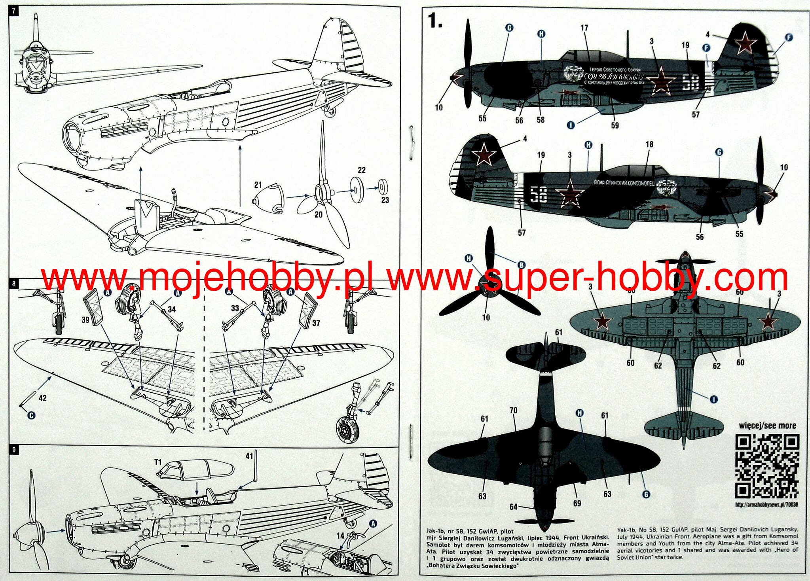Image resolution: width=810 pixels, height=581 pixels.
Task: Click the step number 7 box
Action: tap(14, 11)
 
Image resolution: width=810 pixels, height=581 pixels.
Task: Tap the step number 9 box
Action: tap(14, 450)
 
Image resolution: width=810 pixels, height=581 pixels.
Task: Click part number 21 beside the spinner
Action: tap(258, 185)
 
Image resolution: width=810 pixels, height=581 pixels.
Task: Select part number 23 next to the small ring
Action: tap(385, 200)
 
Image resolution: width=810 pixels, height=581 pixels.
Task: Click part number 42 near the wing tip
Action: tap(42, 398)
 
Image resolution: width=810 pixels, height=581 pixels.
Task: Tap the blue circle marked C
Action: tap(31, 415)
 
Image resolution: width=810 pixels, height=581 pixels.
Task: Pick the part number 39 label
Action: tap(85, 319)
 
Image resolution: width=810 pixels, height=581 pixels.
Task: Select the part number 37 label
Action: tap(316, 323)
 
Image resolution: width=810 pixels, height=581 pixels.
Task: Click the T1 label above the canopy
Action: tap(158, 462)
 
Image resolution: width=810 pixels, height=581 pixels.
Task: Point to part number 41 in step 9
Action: tap(249, 456)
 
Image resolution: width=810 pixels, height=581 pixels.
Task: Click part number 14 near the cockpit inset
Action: tap(340, 536)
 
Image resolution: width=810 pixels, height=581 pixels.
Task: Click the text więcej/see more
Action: tap(767, 426)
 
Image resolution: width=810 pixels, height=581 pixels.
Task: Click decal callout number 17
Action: tap(584, 28)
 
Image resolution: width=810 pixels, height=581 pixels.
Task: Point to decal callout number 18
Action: tap(649, 144)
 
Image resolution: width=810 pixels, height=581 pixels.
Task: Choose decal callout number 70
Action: tap(513, 410)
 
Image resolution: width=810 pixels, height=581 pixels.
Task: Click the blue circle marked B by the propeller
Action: tap(522, 265)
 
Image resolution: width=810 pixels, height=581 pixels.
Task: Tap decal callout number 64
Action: tap(513, 507)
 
